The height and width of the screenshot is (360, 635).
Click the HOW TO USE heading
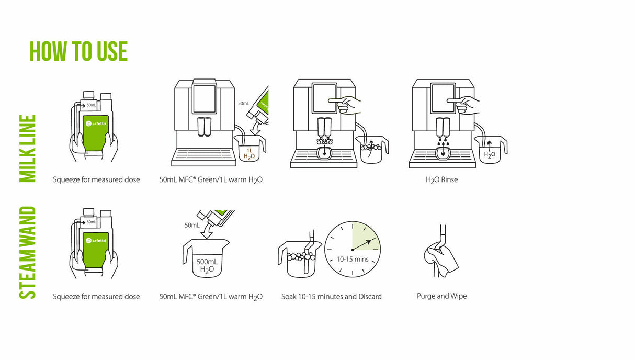pos(78,51)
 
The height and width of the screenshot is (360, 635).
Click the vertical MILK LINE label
pos(27,149)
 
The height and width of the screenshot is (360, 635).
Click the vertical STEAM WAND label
pos(27,253)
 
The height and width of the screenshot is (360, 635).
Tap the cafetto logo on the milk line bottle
pos(96,124)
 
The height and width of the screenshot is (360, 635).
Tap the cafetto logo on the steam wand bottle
pos(96,240)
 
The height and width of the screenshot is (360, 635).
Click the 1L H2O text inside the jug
pos(250,153)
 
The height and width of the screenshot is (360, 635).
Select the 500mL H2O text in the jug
pos(207,266)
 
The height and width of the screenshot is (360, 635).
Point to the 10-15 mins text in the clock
pos(353,259)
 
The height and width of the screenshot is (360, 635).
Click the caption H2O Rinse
pos(441,179)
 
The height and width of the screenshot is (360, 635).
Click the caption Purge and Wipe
pos(441,296)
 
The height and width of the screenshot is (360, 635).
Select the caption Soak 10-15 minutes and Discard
pos(331,297)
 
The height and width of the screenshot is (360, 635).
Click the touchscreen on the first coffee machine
pos(204,99)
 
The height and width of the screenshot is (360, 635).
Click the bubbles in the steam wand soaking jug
pos(300,256)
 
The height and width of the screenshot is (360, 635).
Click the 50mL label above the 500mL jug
pos(192,226)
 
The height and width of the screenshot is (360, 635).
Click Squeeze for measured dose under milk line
pos(96,179)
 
